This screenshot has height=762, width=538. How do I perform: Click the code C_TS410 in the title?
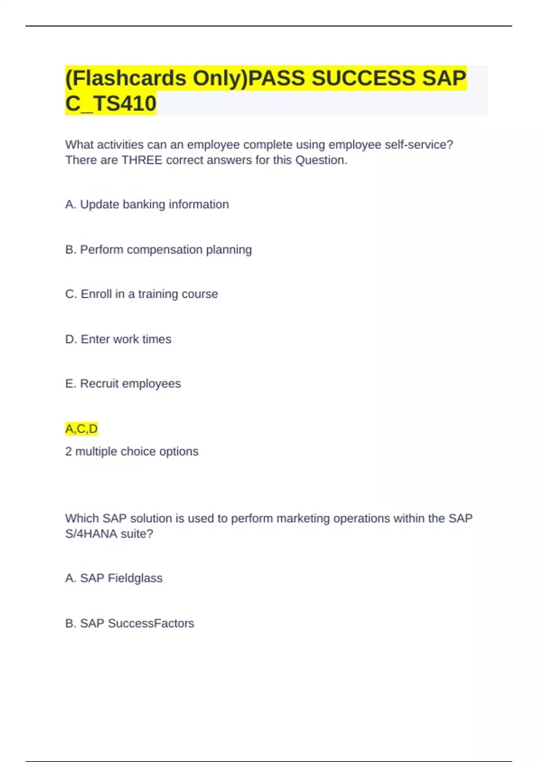(x=111, y=104)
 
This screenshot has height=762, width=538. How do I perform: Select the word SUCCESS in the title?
(x=364, y=78)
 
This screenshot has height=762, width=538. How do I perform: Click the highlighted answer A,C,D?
(x=81, y=429)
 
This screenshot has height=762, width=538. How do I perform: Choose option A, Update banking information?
(x=147, y=204)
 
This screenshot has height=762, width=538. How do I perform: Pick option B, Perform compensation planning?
(x=158, y=250)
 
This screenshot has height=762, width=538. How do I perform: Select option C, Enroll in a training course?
(x=142, y=294)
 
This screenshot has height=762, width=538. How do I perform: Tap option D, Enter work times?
(x=118, y=339)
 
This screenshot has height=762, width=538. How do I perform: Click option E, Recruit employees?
(x=123, y=384)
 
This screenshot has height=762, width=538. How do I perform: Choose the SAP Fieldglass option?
(x=114, y=578)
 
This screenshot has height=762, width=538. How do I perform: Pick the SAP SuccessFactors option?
(x=130, y=623)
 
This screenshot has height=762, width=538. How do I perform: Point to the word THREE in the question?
(x=142, y=160)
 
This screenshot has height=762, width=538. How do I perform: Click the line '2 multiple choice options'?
(x=132, y=451)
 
